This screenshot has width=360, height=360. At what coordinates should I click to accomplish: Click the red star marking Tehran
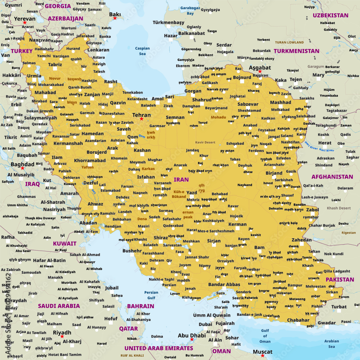141,119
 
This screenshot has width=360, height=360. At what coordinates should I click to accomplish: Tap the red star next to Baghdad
22,168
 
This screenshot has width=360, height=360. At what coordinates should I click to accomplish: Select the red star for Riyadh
62,337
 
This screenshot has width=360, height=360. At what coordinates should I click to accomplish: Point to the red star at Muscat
262,355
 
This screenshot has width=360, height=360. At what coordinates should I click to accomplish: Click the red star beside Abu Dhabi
192,339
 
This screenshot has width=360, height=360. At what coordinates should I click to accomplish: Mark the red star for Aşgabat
260,72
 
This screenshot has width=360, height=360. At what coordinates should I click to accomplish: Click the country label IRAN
181,179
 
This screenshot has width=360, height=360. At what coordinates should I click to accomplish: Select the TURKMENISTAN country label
296,51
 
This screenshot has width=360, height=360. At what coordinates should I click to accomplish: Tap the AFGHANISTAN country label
332,177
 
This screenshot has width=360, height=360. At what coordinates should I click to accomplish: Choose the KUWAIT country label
65,243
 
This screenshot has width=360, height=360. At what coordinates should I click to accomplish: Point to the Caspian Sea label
143,51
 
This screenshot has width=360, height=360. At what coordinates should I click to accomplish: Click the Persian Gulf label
151,295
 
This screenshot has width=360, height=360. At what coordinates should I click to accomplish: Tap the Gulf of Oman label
265,336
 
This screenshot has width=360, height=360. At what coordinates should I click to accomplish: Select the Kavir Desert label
205,142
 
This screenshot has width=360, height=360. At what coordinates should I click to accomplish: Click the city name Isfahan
146,177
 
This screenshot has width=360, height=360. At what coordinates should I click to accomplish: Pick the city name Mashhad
280,102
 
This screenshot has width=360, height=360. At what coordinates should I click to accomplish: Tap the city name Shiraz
161,238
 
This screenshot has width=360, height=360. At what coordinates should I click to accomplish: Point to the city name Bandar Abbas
224,284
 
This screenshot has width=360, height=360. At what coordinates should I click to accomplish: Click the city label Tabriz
55,65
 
